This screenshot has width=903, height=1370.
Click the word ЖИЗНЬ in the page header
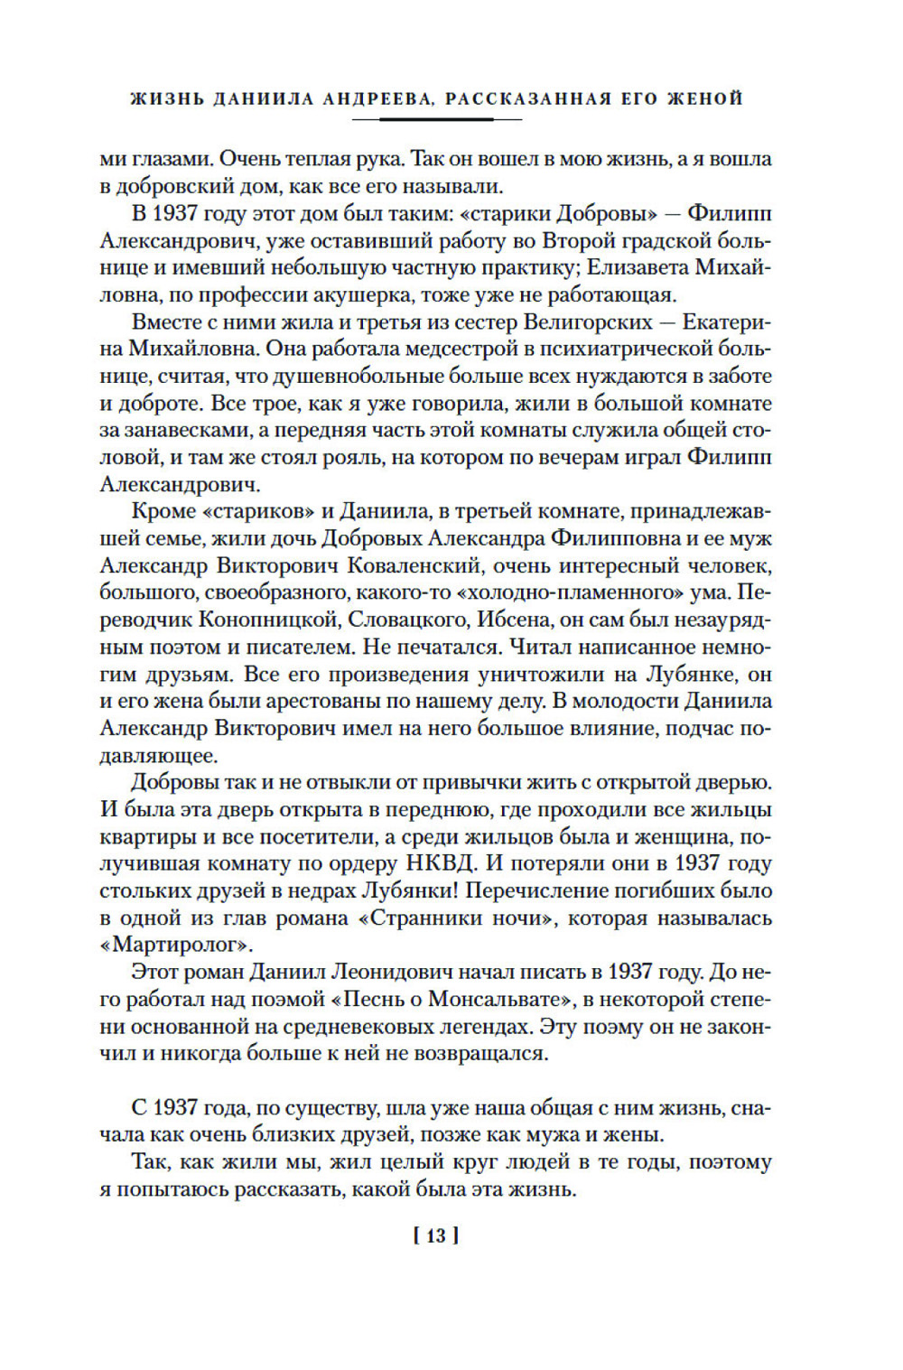point(167,98)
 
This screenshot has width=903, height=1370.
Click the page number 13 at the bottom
point(436,1235)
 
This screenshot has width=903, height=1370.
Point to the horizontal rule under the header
point(436,119)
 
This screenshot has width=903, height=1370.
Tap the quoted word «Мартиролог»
point(176,946)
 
